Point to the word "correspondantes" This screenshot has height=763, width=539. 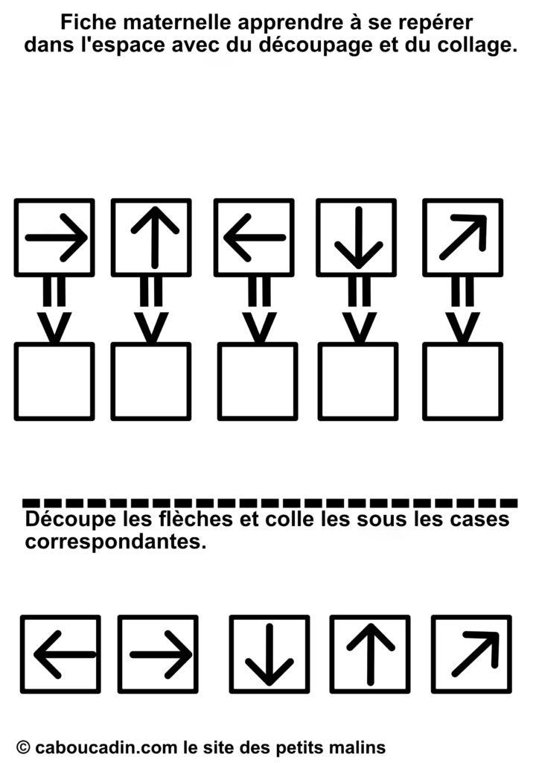point(115,542)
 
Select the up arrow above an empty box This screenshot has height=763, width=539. point(151,238)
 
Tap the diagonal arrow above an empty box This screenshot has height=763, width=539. point(462,238)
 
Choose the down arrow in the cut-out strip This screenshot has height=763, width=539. point(269,654)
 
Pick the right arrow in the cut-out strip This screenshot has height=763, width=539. point(159,654)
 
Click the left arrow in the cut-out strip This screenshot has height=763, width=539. point(60,654)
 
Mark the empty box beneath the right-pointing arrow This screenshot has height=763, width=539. point(54,381)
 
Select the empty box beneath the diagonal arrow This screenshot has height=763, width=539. point(462,381)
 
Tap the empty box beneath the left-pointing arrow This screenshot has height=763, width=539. point(257,381)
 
